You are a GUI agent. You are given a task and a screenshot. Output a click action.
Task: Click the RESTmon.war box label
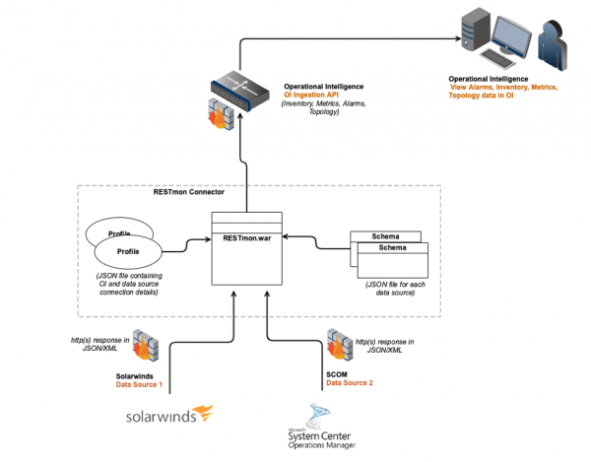tap(246, 238)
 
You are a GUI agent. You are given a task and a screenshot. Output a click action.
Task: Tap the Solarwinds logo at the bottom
tap(169, 416)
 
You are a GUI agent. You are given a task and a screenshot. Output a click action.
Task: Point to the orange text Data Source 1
tap(140, 384)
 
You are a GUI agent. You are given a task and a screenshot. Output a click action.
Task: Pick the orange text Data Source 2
tap(351, 381)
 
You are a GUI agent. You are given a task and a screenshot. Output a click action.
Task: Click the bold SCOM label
tap(337, 373)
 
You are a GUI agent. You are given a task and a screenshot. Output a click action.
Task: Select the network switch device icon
tap(240, 86)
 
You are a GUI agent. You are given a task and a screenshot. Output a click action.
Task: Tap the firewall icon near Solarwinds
tap(147, 339)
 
